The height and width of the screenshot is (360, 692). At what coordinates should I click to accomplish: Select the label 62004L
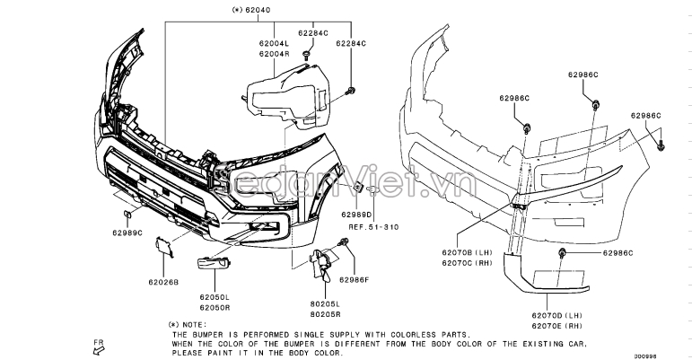pos(274,44)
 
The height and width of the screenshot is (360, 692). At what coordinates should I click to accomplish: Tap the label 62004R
pos(274,54)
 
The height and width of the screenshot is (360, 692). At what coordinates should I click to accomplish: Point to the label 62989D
pos(356,215)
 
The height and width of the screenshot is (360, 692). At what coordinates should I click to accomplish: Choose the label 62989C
pos(127,233)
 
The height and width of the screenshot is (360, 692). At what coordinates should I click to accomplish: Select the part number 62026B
pos(163,281)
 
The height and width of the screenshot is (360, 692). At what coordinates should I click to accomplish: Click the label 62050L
pos(215,297)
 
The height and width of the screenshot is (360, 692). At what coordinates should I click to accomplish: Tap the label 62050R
pos(215,307)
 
